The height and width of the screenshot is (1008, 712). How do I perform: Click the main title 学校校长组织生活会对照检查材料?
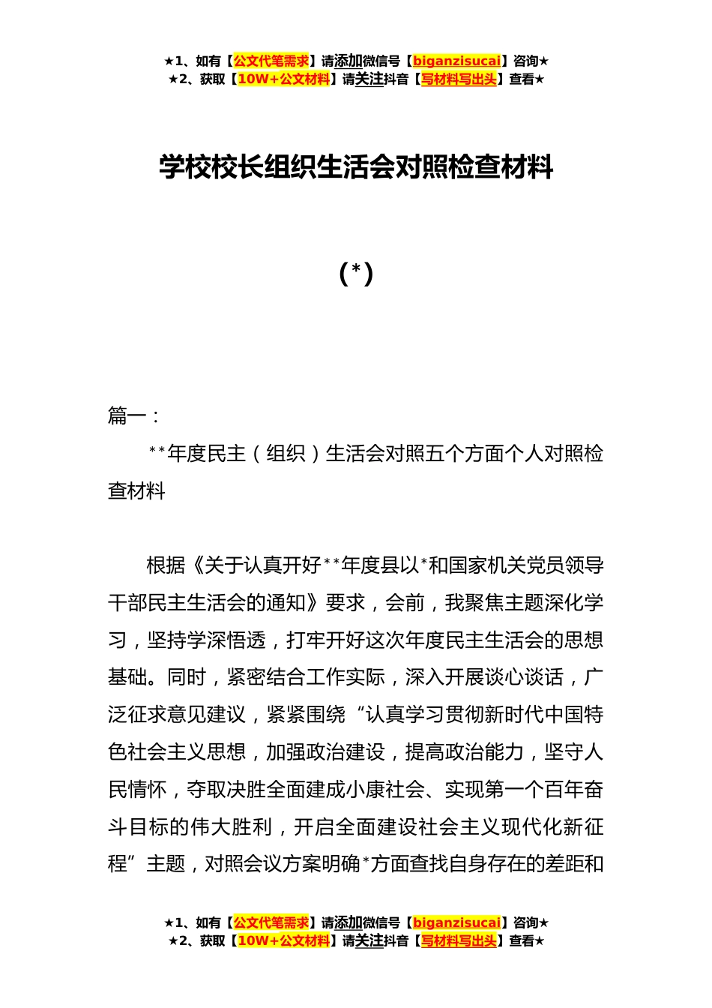click(356, 167)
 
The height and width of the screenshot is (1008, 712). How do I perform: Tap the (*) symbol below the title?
click(356, 274)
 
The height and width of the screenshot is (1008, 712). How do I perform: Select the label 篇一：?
click(133, 415)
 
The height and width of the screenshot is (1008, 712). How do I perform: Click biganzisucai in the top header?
click(456, 61)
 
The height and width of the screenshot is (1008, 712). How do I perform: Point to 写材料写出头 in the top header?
click(459, 79)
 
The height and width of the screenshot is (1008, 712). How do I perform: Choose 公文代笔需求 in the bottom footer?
click(271, 922)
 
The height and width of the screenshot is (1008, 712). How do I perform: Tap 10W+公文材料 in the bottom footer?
click(283, 940)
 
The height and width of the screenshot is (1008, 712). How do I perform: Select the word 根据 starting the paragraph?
click(166, 565)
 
